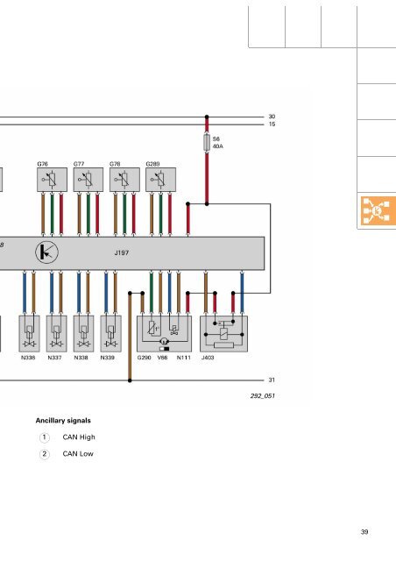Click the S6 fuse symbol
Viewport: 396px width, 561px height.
tap(207, 142)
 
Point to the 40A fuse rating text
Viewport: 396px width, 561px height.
tap(218, 146)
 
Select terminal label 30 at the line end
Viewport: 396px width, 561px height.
tap(272, 117)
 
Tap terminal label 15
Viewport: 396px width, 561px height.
tap(272, 124)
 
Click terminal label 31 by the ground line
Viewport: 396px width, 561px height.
tap(272, 380)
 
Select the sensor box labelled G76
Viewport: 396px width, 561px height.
tap(52, 180)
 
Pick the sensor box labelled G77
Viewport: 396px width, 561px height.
tap(88, 180)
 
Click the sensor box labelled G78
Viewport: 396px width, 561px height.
tap(124, 180)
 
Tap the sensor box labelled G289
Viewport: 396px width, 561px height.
tap(160, 180)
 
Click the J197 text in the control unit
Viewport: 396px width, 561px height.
tap(122, 252)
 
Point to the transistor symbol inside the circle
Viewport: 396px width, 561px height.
tap(46, 252)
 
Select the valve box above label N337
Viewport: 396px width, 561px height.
tap(56, 333)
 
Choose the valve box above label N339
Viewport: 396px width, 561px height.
tap(110, 333)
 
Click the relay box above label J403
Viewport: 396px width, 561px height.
tap(223, 333)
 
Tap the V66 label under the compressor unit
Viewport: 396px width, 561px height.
tap(162, 358)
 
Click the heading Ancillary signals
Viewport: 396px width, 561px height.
tap(63, 421)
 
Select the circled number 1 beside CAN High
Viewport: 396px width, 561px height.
tap(45, 437)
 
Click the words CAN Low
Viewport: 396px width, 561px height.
tap(78, 454)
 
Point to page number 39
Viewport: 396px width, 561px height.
tap(364, 532)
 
